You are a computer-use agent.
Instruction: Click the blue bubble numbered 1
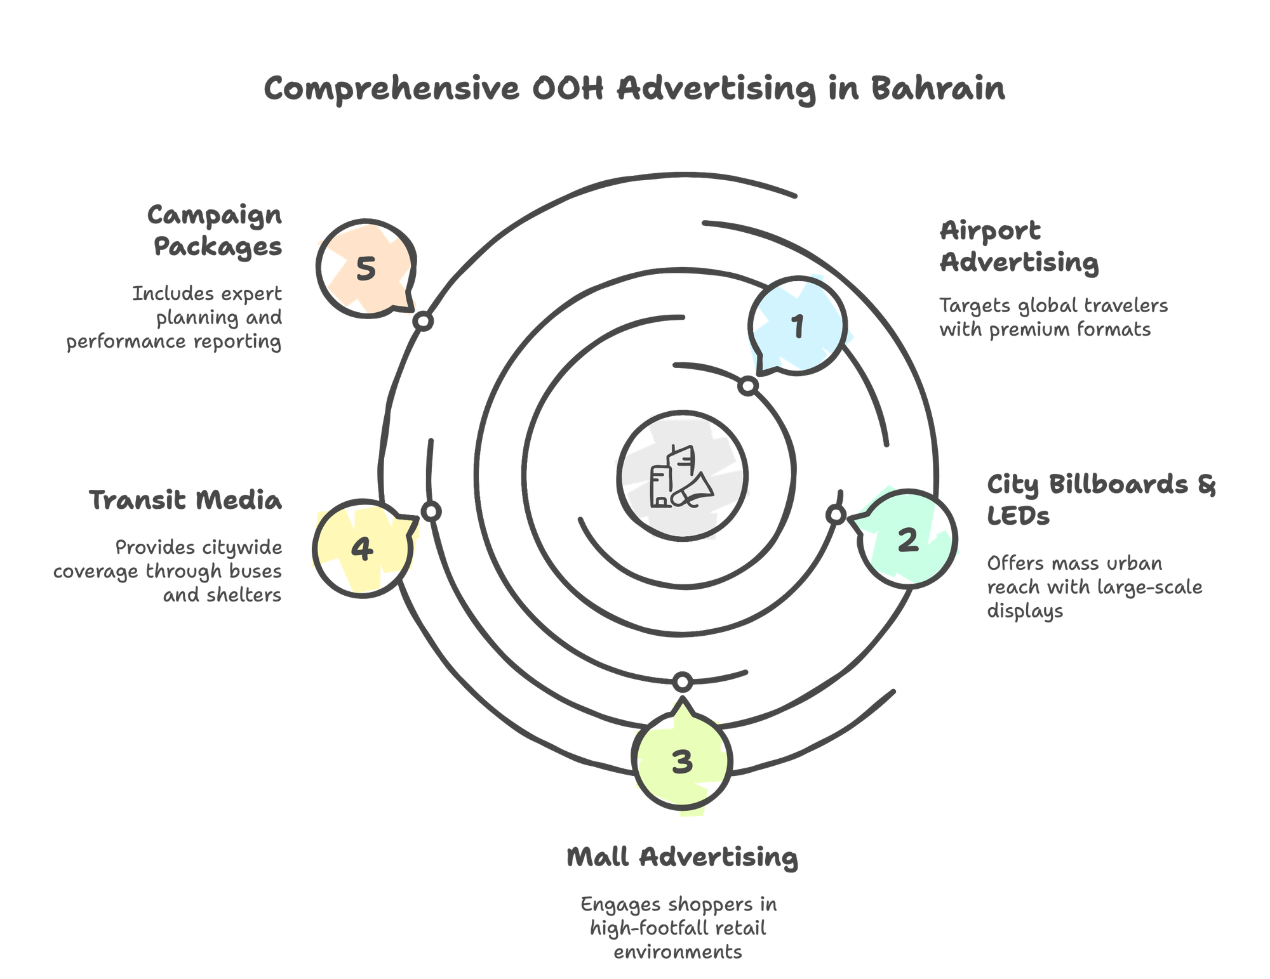coord(798,325)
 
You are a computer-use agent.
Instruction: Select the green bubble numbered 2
coord(908,539)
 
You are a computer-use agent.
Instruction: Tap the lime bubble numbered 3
coord(682,761)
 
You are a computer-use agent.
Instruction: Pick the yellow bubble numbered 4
coord(362,548)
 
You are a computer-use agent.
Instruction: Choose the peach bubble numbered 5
coord(366,268)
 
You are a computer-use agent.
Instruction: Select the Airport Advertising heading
coord(1019,247)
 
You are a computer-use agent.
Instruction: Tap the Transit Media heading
coord(185,500)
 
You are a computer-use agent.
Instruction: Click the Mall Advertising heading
coord(682,857)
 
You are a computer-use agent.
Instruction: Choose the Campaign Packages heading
coord(216,231)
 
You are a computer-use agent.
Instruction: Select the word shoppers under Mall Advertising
coord(705,904)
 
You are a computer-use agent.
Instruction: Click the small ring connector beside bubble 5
coord(422,322)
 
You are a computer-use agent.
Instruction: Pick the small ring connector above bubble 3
coord(683,682)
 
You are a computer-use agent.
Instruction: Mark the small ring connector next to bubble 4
coord(431,511)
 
